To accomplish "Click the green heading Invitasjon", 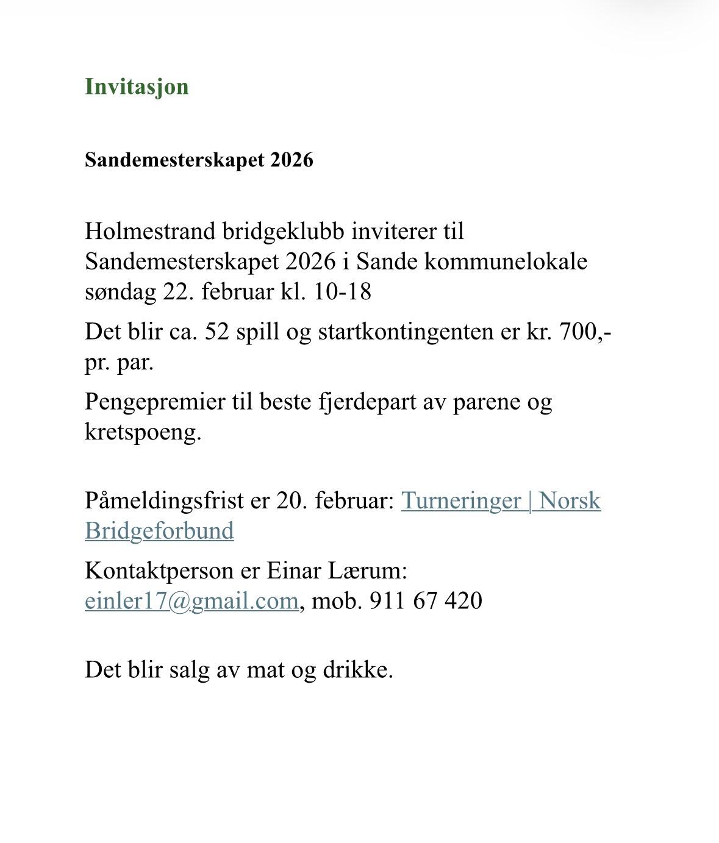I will click(137, 87).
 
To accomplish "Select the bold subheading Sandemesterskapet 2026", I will click(199, 160).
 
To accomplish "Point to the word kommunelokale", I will click(506, 261).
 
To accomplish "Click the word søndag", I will click(120, 292).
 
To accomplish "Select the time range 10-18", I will click(342, 292).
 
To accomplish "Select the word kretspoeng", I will click(143, 432).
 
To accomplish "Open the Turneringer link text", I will click(460, 501).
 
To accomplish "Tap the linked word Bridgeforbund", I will click(159, 531).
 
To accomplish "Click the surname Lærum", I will click(367, 571).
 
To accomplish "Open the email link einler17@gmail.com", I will click(191, 601).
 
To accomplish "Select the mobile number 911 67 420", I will click(426, 601).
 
